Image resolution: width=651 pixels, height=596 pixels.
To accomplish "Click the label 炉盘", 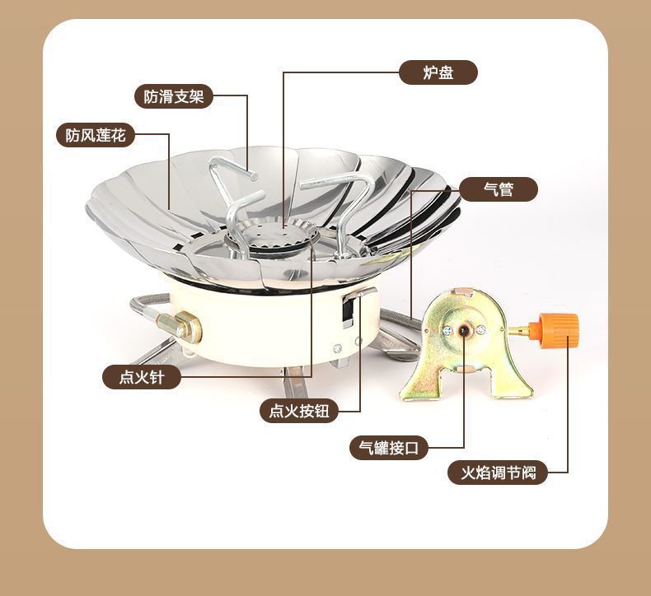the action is coord(438,72).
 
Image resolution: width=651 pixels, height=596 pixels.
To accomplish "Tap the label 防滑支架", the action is coord(173,96).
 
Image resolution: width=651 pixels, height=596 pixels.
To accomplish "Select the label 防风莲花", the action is coord(96,135).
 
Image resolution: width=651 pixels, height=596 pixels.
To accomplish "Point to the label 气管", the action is coord(499,189).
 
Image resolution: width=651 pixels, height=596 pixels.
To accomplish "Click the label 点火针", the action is coord(141,376).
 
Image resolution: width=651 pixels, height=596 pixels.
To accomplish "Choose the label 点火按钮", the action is coord(299,410).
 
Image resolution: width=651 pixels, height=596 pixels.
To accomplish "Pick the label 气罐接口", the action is coord(389,448).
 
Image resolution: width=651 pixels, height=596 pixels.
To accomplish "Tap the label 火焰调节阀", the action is coord(498,473).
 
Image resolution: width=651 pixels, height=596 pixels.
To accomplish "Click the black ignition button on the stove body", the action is coord(349,310).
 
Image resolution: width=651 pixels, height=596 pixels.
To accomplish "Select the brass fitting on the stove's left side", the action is coord(183,327).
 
